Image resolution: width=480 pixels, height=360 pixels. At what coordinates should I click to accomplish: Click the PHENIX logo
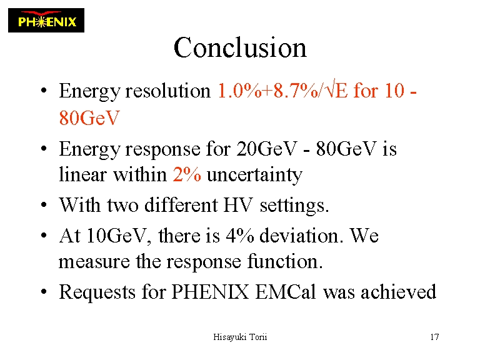pos(46,20)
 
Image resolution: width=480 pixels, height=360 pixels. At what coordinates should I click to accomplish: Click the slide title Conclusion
pos(240,47)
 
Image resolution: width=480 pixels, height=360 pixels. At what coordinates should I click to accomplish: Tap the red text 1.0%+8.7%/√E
pos(282,90)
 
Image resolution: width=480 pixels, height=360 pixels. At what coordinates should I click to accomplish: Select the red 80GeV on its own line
pos(89,117)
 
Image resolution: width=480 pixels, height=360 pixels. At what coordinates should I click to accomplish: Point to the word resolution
pos(168,91)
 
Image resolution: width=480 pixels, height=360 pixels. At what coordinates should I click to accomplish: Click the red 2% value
pos(187,174)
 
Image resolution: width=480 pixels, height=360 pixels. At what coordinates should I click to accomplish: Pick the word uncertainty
pos(255,175)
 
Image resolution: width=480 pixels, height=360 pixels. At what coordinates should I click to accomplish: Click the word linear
pos(82,174)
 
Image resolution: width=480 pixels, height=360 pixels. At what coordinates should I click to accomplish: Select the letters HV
pos(238,205)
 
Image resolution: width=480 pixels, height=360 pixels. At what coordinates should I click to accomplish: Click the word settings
pos(294,206)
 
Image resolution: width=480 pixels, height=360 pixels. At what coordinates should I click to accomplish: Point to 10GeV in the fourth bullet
pos(117,236)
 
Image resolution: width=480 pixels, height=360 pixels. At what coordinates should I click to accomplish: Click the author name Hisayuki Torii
pos(240,337)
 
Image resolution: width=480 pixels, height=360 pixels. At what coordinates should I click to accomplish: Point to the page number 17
pos(435,337)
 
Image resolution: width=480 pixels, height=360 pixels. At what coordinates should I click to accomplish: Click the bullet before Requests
pos(44,291)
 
